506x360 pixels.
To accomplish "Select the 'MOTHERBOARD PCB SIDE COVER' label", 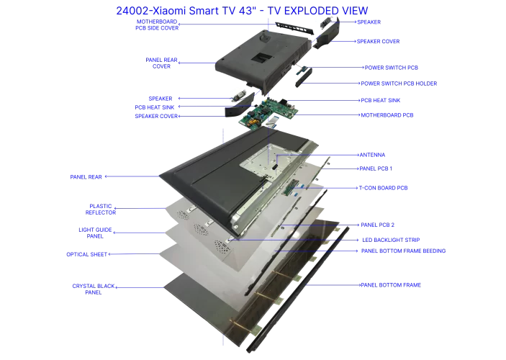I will click(x=157, y=24).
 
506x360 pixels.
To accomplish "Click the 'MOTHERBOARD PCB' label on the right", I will click(x=387, y=114).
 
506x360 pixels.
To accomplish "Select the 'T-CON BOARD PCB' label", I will click(x=383, y=187).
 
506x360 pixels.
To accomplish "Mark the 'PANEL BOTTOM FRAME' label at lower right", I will click(x=390, y=285).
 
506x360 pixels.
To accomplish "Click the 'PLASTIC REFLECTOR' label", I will click(x=101, y=209).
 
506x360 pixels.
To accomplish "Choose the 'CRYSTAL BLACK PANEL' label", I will click(x=92, y=289).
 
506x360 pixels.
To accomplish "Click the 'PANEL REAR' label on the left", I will click(x=86, y=175).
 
